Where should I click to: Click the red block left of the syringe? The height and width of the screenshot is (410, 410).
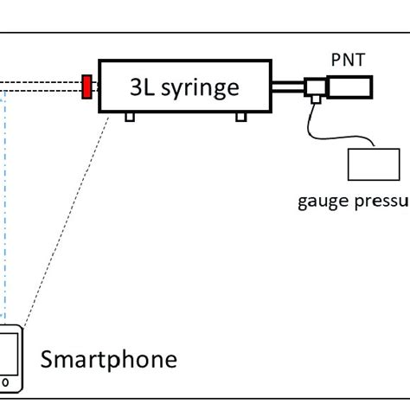click(x=87, y=86)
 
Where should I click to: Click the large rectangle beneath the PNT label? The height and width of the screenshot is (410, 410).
click(x=349, y=86)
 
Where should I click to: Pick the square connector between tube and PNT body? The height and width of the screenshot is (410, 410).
click(x=315, y=86)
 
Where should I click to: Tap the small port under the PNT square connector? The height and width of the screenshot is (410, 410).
click(x=316, y=101)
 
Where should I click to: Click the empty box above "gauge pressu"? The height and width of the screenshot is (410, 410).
click(x=374, y=165)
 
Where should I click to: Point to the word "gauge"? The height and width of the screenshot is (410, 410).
click(x=321, y=202)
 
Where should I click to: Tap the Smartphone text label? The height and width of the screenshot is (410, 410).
click(x=108, y=358)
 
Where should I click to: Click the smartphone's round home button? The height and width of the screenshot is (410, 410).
click(x=7, y=380)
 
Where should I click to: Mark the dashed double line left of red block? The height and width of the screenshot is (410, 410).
click(x=39, y=86)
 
